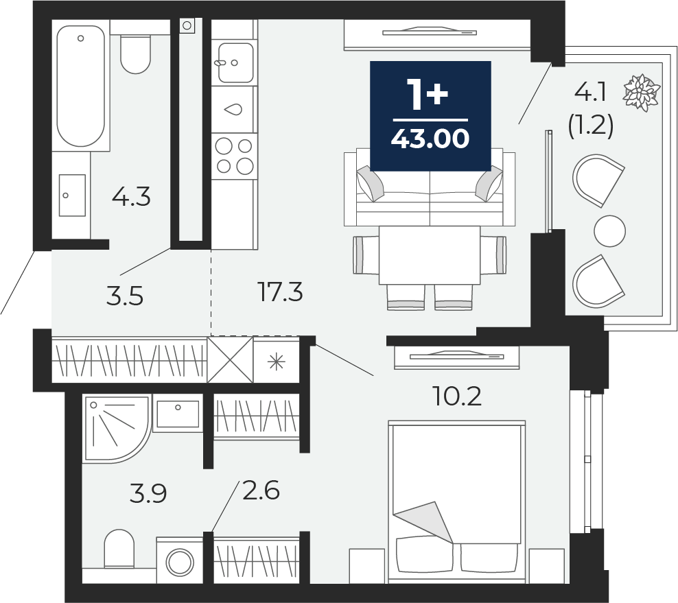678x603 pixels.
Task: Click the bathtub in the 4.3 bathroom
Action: [x=81, y=86]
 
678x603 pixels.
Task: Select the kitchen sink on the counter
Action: [x=233, y=62]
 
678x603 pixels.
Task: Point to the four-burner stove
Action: [x=234, y=155]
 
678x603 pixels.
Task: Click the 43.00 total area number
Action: [x=430, y=139]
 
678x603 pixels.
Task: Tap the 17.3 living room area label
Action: [x=281, y=293]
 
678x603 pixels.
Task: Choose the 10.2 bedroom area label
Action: [x=456, y=395]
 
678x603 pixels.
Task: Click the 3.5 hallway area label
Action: [x=126, y=296]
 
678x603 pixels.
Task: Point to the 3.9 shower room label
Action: [x=149, y=493]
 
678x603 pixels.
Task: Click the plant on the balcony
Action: [x=641, y=92]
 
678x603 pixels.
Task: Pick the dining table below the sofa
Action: [x=430, y=255]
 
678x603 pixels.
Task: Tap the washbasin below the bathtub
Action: [x=71, y=195]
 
